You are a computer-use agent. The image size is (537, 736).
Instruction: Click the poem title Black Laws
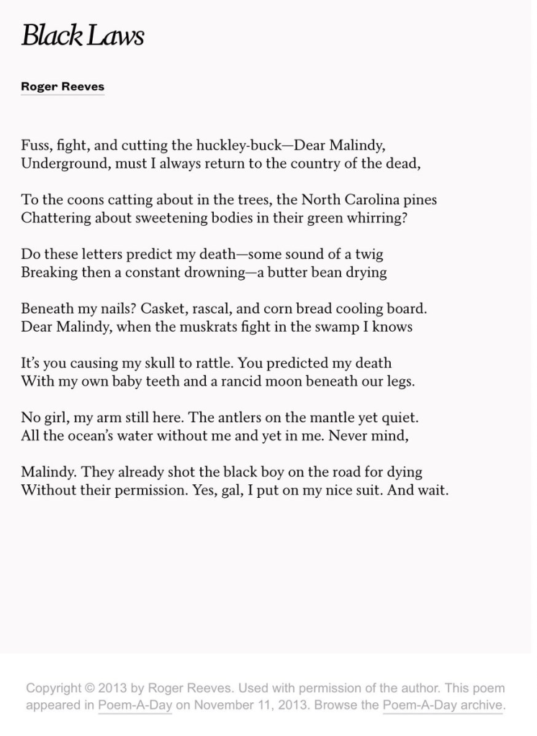pyautogui.click(x=82, y=36)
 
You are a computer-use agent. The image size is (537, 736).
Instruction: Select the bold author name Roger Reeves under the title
pyautogui.click(x=63, y=86)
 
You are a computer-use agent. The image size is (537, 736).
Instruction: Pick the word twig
pyautogui.click(x=369, y=254)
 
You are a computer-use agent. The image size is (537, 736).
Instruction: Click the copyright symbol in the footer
pyautogui.click(x=89, y=688)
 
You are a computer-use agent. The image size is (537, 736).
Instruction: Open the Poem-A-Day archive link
pyautogui.click(x=442, y=705)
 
